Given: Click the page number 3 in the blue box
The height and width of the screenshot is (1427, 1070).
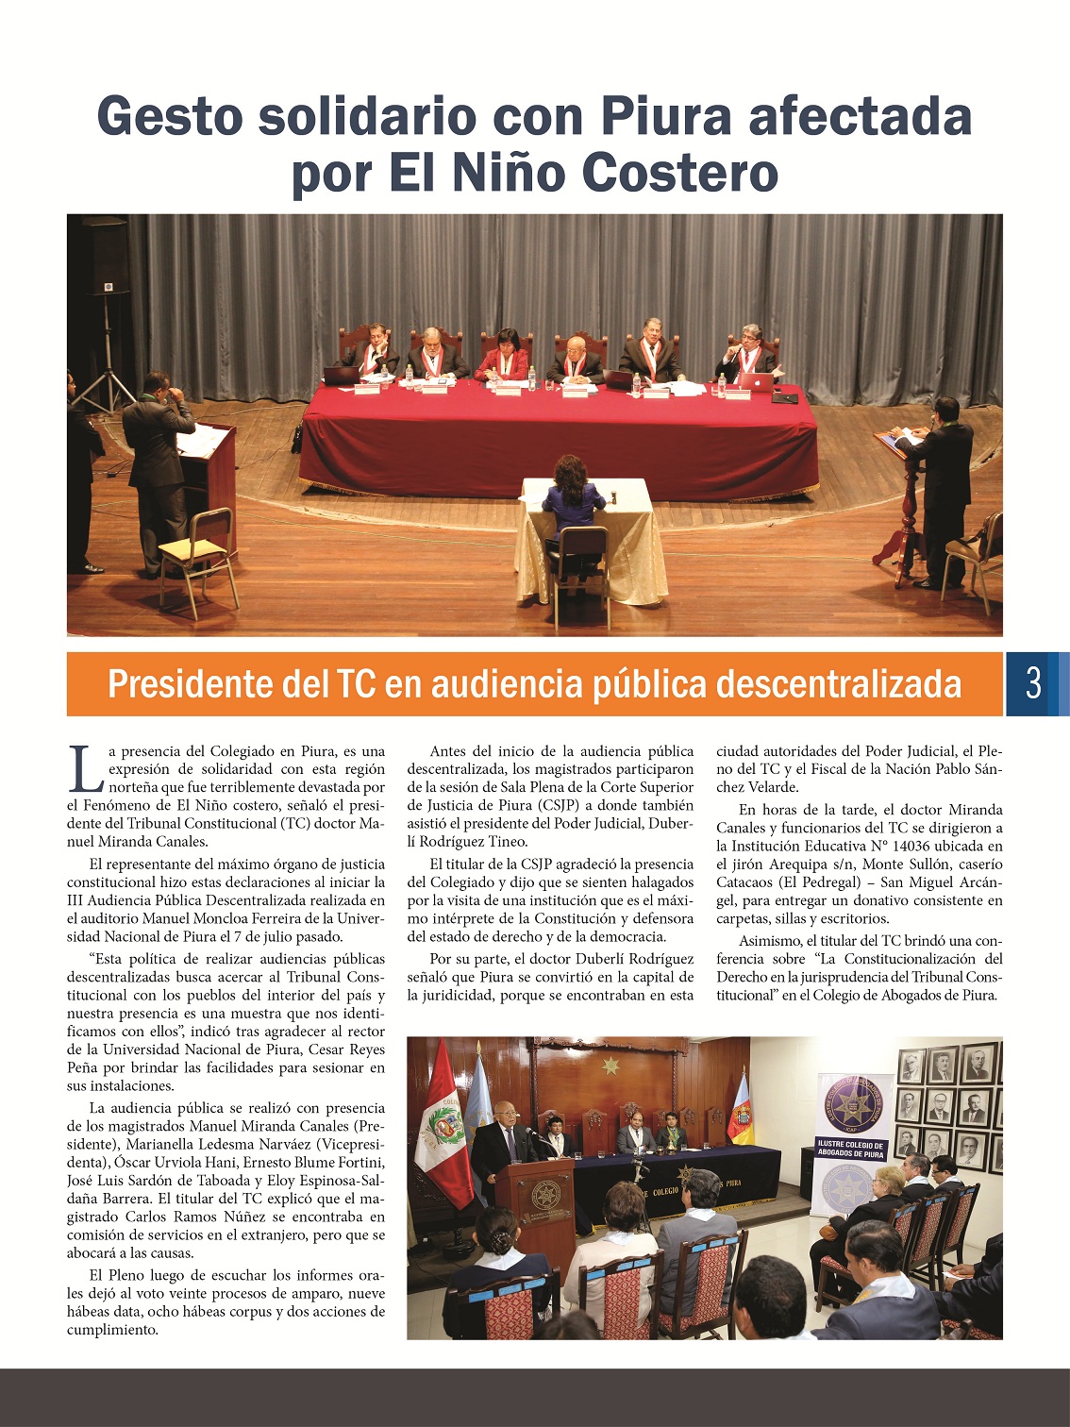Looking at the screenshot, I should coord(1033,682).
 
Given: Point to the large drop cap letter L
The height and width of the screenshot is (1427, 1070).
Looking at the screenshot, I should coord(85,768).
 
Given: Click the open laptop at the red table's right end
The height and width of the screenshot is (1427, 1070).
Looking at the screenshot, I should coord(755,380).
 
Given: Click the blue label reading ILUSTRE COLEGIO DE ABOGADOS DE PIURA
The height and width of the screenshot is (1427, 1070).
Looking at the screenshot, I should coord(851,1149).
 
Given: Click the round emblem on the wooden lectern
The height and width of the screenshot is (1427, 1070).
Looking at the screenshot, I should coord(544,1196).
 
